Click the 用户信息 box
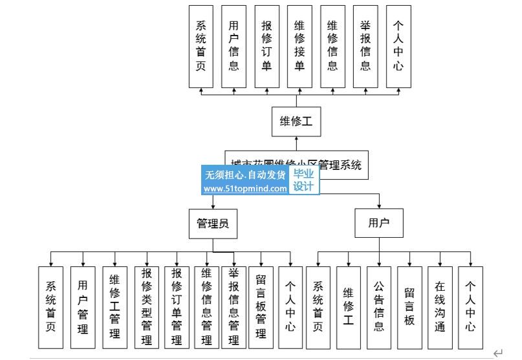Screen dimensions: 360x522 coord(234,47)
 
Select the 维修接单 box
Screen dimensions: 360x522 coord(299,47)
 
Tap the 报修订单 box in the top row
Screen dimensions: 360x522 coord(266,47)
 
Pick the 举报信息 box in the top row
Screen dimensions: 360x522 coord(365,47)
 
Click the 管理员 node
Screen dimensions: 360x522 coord(213,224)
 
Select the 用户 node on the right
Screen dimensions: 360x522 coord(378,224)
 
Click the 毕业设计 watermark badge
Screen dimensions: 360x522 coord(303,180)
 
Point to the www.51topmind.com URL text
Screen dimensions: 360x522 coord(245,189)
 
